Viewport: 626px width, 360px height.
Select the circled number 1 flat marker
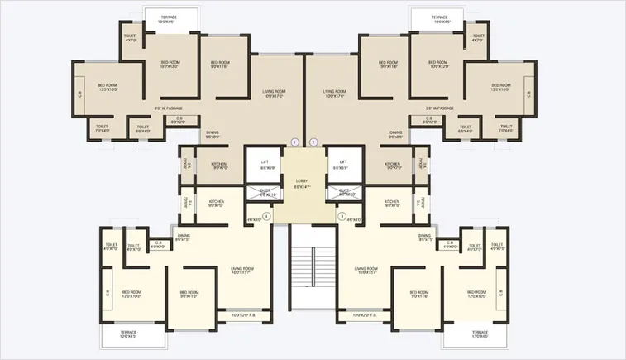pyautogui.click(x=293, y=142)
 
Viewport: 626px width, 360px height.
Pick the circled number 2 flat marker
pyautogui.click(x=313, y=142)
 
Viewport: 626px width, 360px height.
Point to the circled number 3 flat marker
pyautogui.click(x=342, y=216)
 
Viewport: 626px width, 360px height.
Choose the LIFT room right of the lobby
pyautogui.click(x=342, y=164)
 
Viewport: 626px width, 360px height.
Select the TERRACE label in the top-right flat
pyautogui.click(x=439, y=19)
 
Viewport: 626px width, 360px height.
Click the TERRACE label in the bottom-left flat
pyautogui.click(x=128, y=334)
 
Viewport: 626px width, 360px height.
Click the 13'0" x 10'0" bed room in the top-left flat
pyautogui.click(x=108, y=87)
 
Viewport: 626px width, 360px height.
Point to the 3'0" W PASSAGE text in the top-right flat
pyautogui.click(x=440, y=108)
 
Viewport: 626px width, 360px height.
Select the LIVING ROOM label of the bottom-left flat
pyautogui.click(x=241, y=270)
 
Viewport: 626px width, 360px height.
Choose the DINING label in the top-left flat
pyautogui.click(x=213, y=134)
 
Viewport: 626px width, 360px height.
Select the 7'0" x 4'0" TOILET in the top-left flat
pyautogui.click(x=103, y=128)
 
